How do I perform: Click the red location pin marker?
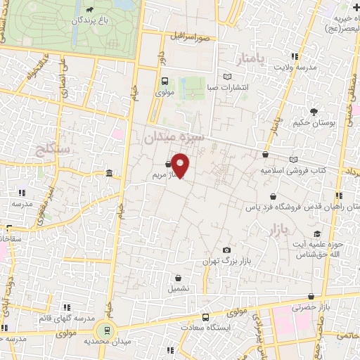(x=181, y=165)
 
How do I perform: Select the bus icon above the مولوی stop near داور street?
(x=164, y=80)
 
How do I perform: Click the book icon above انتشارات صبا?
(x=226, y=77)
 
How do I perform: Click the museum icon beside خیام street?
(x=109, y=173)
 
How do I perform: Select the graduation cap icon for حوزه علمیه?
(x=318, y=234)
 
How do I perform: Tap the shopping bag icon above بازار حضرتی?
(x=310, y=297)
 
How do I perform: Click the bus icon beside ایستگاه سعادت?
(x=205, y=317)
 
